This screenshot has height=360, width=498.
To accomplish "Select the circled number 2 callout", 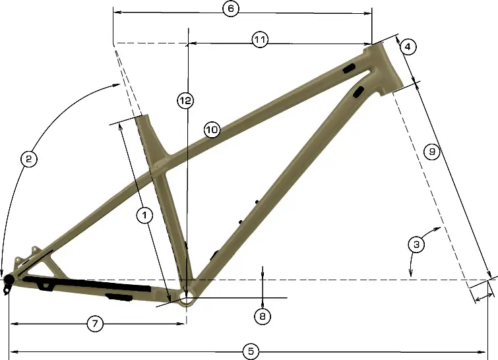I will [28, 158].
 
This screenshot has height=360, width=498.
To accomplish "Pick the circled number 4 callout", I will [408, 47].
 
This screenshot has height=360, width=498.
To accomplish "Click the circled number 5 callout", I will [250, 351].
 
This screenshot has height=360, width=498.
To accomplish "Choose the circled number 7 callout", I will [96, 323].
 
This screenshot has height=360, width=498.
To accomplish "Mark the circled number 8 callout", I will [263, 316].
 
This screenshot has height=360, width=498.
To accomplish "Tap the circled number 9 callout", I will [431, 152].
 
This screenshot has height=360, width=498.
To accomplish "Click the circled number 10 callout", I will [211, 130].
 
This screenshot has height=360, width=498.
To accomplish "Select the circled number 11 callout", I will [260, 40].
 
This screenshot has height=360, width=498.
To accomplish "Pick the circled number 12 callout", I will [185, 100].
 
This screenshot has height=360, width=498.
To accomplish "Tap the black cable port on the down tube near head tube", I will [359, 91].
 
